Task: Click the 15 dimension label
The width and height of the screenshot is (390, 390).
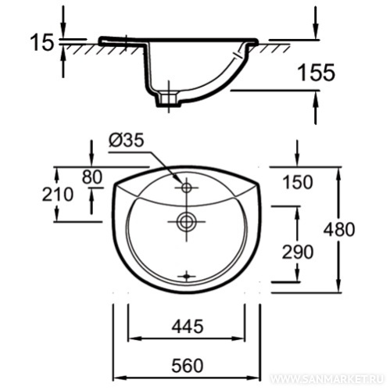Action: click(x=42, y=42)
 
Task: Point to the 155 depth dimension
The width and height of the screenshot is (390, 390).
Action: click(x=317, y=73)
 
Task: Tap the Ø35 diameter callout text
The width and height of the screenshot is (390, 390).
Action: click(x=127, y=141)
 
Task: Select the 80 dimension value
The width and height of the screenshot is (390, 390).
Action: click(x=91, y=177)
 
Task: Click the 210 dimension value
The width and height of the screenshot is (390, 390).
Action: click(x=58, y=195)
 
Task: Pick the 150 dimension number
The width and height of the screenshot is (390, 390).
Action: click(x=298, y=182)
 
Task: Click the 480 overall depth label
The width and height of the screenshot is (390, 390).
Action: click(x=339, y=230)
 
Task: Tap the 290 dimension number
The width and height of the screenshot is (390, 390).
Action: click(x=298, y=252)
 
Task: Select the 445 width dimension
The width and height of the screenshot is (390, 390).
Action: click(x=188, y=327)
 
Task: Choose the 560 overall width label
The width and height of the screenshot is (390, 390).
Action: click(x=188, y=366)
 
